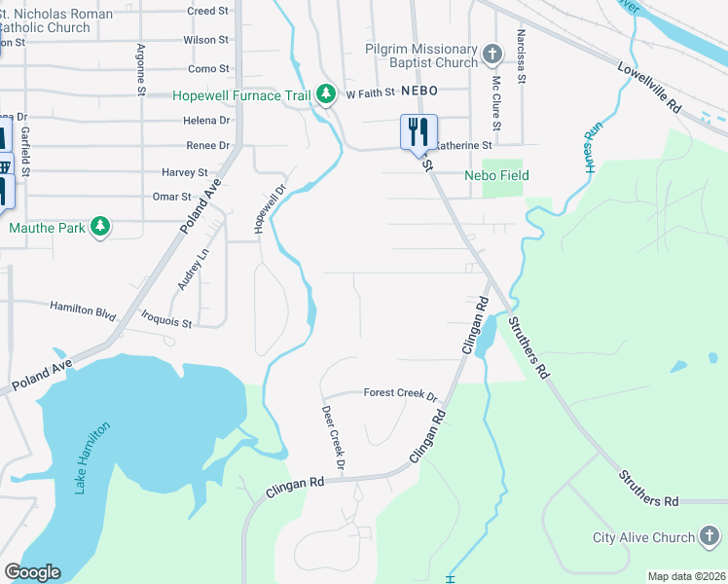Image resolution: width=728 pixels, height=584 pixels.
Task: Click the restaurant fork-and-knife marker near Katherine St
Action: point(419,130)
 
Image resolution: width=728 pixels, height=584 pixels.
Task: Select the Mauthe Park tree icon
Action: point(99,228)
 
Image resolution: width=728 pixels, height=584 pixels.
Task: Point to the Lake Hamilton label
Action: point(93,457)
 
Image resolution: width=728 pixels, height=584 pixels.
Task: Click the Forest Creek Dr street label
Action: point(401,393)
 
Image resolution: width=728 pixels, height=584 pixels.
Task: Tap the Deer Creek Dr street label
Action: point(333,437)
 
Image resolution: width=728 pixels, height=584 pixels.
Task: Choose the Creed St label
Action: point(207,11)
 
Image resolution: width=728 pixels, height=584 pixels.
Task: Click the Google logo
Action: point(33,572)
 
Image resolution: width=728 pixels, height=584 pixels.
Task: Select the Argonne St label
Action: point(142,69)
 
